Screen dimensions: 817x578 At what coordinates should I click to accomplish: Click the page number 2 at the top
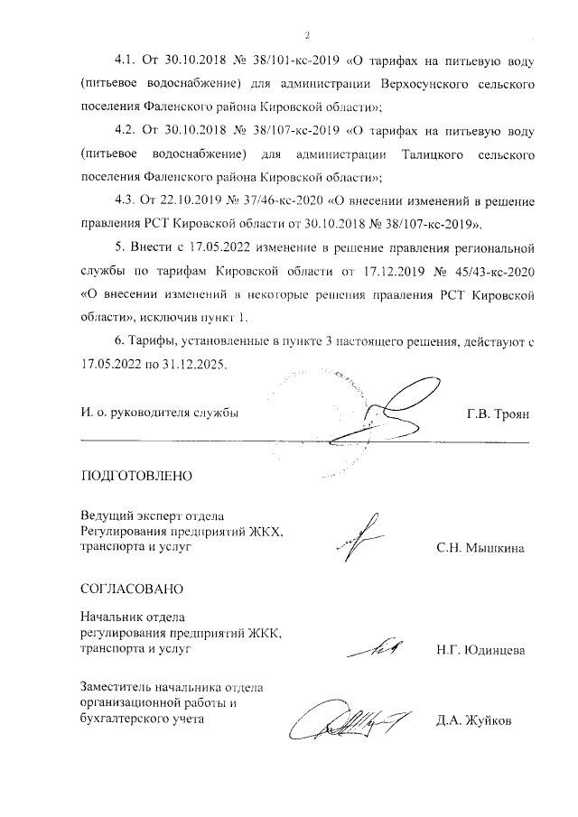307,36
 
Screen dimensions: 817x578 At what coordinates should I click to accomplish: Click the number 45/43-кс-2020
489,269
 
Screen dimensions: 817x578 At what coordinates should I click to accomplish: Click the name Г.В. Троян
497,413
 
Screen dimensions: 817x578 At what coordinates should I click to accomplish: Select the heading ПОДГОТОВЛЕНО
136,475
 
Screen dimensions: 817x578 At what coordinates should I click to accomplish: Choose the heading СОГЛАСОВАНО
132,589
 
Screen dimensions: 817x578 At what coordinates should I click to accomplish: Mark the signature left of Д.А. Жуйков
348,721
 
